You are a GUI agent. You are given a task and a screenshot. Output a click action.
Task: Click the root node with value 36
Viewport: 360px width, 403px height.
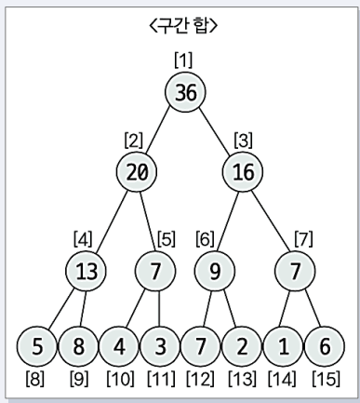(185, 91)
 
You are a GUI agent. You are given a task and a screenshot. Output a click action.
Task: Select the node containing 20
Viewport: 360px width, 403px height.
(137, 171)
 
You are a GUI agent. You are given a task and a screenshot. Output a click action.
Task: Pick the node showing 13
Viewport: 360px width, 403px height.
(87, 272)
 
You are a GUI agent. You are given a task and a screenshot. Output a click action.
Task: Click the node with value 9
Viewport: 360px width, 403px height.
(214, 272)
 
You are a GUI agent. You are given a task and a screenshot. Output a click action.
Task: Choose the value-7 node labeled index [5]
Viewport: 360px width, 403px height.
(155, 272)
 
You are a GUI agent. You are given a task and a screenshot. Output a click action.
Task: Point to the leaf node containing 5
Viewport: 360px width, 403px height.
(38, 346)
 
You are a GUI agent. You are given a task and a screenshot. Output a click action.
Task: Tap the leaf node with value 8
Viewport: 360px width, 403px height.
(79, 346)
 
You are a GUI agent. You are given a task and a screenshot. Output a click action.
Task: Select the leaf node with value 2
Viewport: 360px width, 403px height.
(241, 346)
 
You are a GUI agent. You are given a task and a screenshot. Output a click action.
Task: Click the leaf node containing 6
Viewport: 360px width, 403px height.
(322, 346)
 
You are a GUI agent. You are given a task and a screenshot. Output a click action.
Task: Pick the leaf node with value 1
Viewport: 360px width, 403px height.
(281, 346)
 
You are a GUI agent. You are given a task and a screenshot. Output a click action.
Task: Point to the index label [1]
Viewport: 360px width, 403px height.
(183, 60)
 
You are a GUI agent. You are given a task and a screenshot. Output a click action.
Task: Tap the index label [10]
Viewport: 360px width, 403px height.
(120, 381)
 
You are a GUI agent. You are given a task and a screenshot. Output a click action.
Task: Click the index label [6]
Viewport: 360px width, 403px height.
(206, 237)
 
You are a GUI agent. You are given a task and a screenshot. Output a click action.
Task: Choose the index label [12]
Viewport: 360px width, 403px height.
(201, 381)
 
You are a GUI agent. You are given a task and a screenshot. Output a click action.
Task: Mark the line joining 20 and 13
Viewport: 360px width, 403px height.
(112, 221)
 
